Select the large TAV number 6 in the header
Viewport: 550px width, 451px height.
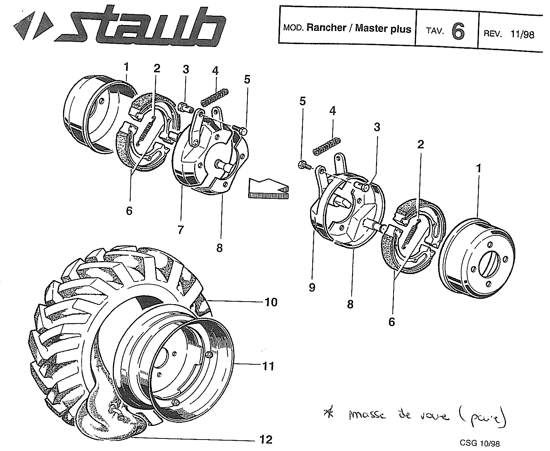point(458,32)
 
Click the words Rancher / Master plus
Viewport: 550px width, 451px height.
point(359,29)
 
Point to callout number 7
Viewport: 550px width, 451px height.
point(180,230)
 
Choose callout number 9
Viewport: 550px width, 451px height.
point(312,287)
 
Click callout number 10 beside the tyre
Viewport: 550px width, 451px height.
point(271,302)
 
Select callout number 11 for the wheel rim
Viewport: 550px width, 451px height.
point(269,366)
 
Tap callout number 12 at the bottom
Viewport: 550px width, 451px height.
point(266,440)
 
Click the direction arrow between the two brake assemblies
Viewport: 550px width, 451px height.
point(268,188)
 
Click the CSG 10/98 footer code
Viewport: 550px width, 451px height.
point(480,443)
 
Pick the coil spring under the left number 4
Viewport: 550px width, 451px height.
point(214,97)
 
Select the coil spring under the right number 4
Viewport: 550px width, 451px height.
point(326,146)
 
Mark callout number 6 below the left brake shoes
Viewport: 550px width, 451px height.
point(129,211)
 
